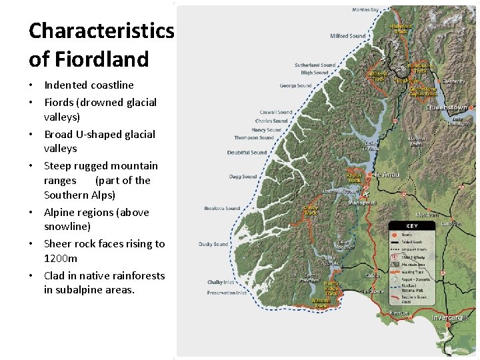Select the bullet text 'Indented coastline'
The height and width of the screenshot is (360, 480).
click(89, 85)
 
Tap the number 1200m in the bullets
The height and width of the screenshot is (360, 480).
click(61, 258)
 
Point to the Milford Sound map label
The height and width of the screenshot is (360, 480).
click(347, 36)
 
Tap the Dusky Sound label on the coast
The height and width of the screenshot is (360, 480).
click(213, 244)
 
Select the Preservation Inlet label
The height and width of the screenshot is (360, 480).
click(227, 292)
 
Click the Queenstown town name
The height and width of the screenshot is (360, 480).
click(446, 107)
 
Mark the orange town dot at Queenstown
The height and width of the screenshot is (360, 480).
click(472, 107)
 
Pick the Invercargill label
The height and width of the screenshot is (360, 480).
click(451, 317)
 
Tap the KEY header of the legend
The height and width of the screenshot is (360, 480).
click(411, 226)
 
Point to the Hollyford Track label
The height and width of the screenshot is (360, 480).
click(401, 29)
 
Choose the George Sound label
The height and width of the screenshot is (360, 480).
click(295, 86)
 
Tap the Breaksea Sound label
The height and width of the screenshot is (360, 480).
click(222, 208)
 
